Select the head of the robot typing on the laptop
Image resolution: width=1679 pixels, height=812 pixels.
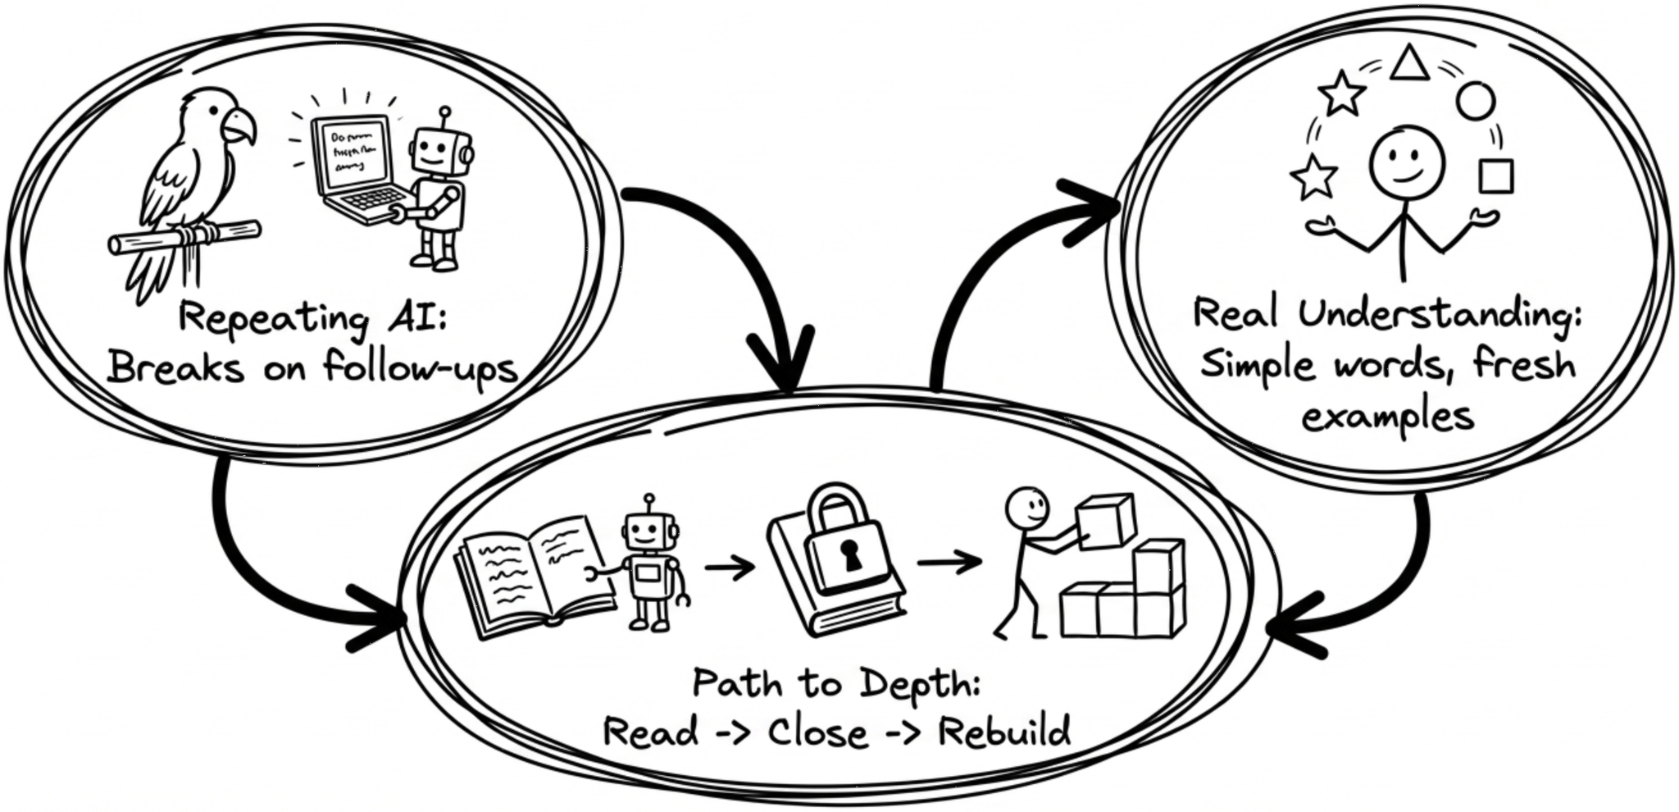tap(433, 148)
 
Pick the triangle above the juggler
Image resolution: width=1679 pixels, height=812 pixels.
tap(1409, 64)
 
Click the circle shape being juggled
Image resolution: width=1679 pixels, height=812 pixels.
tap(1475, 102)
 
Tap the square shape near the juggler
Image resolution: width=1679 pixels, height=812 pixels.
tap(1495, 176)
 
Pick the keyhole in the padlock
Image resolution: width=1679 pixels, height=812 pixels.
tap(853, 558)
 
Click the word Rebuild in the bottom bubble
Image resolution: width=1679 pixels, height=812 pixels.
tap(1004, 731)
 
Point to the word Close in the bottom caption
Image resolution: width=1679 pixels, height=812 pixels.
tap(817, 732)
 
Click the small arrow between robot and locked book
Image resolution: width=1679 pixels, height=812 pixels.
tap(729, 567)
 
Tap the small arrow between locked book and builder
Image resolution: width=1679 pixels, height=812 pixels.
tap(949, 563)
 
